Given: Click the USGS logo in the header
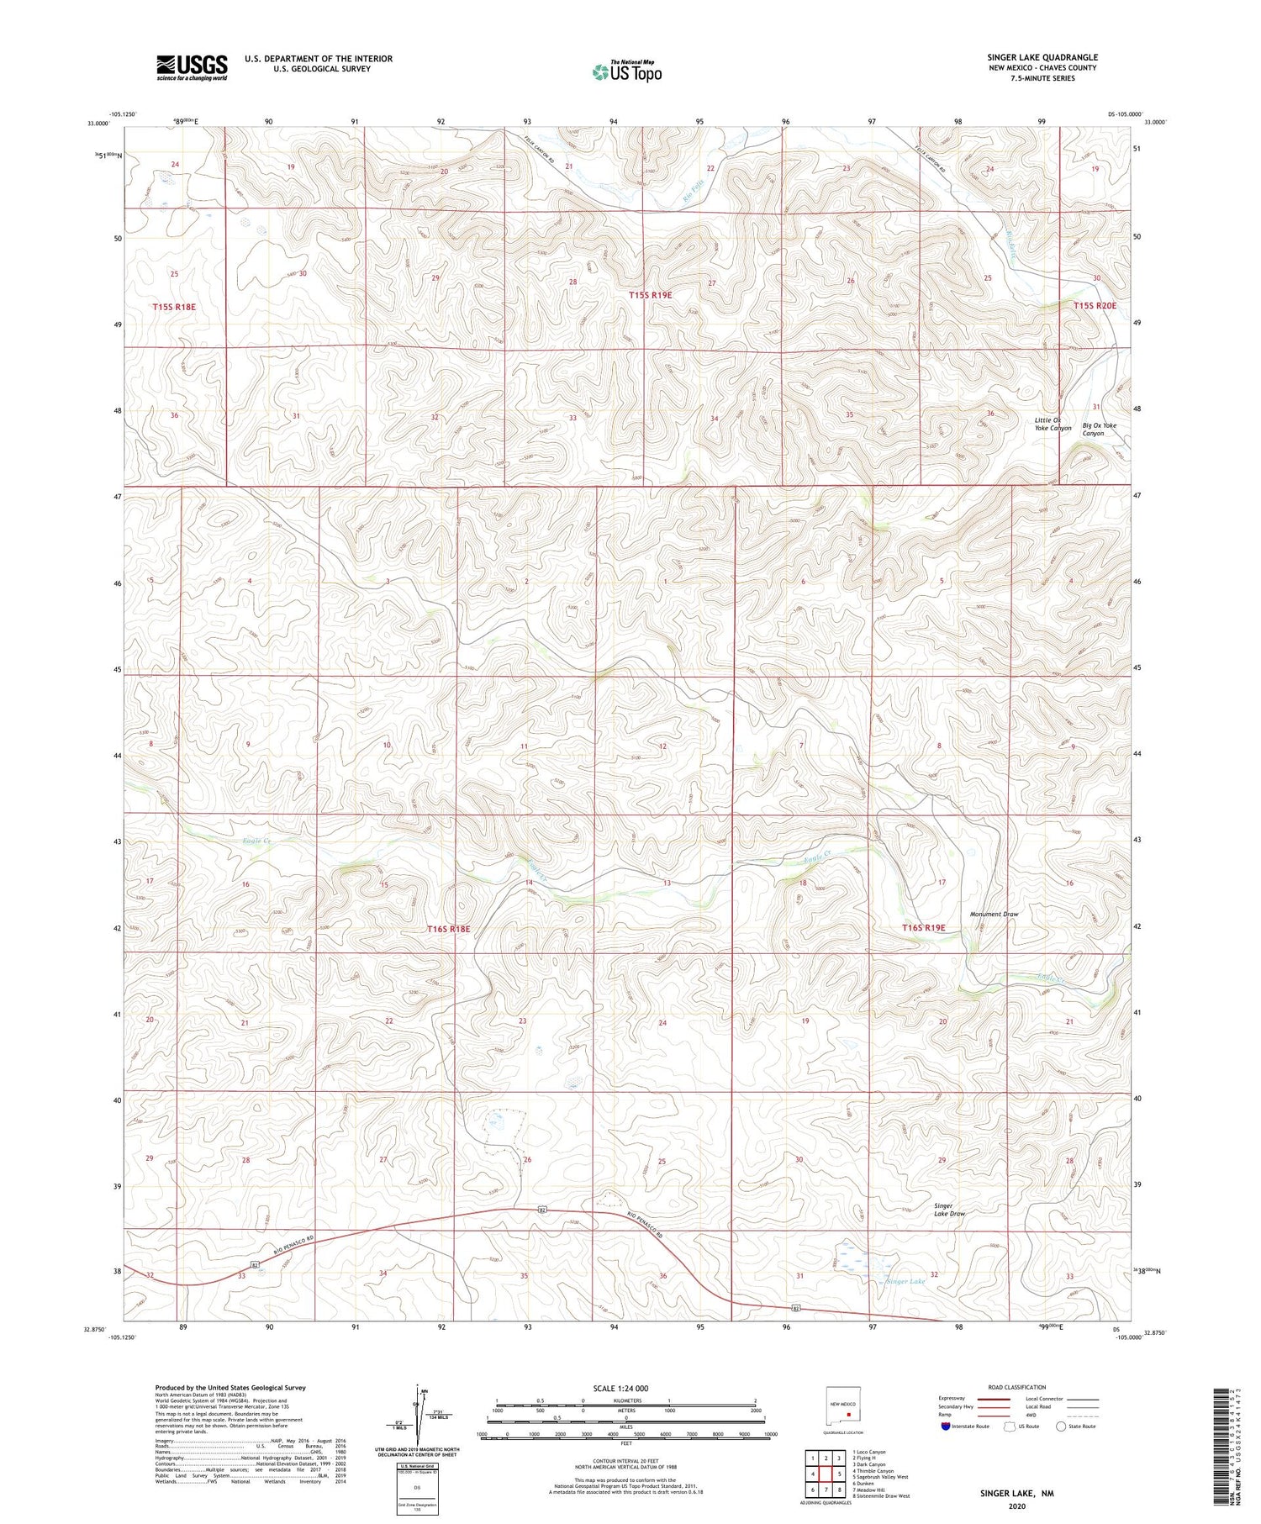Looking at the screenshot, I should [192, 67].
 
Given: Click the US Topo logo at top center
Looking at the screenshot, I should [626, 72].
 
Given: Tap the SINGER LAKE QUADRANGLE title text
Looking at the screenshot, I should [1042, 57].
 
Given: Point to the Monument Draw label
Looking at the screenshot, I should [994, 914].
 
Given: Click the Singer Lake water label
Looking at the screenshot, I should [905, 1281].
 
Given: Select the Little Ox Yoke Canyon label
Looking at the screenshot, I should [1053, 424].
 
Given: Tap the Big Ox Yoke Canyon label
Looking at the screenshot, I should [1099, 429].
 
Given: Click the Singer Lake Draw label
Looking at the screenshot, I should [949, 1210].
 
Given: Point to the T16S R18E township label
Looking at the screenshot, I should [448, 929].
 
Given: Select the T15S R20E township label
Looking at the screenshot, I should [1095, 305].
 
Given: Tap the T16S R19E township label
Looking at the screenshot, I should [923, 928].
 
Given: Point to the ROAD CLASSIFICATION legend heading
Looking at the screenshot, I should [1016, 1387].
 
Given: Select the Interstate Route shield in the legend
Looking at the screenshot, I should [945, 1426].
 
